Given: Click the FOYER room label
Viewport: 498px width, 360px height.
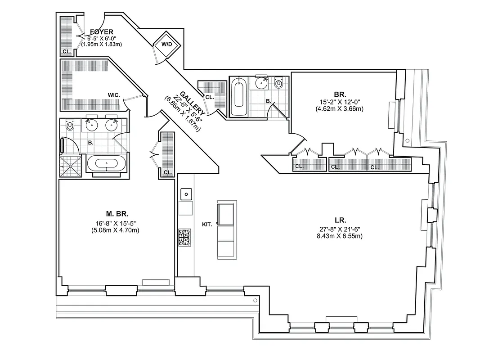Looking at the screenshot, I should coord(101,32).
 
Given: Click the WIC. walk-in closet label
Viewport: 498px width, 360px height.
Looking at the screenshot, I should coord(113,95).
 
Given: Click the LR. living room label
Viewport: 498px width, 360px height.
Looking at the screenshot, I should coord(340,220).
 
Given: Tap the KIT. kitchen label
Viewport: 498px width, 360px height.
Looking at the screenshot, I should coord(207,224).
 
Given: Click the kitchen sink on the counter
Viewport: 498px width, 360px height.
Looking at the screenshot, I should coord(185,194).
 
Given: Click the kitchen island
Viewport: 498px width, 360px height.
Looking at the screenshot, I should coord(226,230).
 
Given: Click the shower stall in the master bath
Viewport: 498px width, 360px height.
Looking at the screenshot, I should coord(70,166).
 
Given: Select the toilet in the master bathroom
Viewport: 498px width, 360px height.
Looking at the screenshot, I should coord(70,126).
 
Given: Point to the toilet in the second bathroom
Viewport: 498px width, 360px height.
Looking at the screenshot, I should coord(279,84).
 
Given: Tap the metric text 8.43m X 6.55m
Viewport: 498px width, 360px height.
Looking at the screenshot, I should coord(340,235).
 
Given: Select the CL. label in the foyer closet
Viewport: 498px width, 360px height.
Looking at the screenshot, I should coord(66,51).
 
